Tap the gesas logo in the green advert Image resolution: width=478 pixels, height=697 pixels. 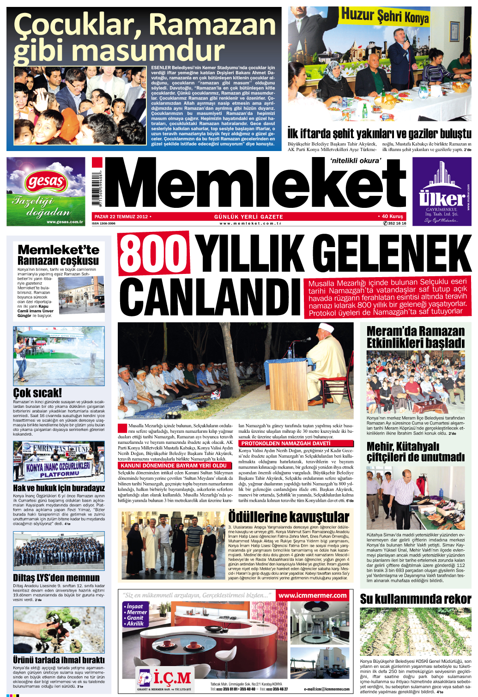pyautogui.click(x=46, y=181)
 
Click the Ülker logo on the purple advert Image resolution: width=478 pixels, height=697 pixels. pyautogui.click(x=442, y=199)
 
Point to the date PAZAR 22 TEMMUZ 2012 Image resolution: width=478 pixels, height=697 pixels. pyautogui.click(x=121, y=217)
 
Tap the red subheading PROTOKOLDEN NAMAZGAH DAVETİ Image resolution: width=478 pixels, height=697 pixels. pyautogui.click(x=286, y=443)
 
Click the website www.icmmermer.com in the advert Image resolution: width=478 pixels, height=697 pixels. pyautogui.click(x=312, y=595)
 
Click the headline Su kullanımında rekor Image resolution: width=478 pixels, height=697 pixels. pyautogui.click(x=415, y=599)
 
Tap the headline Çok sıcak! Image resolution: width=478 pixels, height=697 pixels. pyautogui.click(x=37, y=393)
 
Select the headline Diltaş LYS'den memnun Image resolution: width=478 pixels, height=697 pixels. pyautogui.click(x=56, y=577)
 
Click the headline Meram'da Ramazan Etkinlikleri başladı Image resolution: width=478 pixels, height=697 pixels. pyautogui.click(x=415, y=337)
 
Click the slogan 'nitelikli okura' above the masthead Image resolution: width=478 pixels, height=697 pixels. pyautogui.click(x=356, y=161)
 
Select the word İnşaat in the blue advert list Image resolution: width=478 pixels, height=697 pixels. pyautogui.click(x=135, y=606)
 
